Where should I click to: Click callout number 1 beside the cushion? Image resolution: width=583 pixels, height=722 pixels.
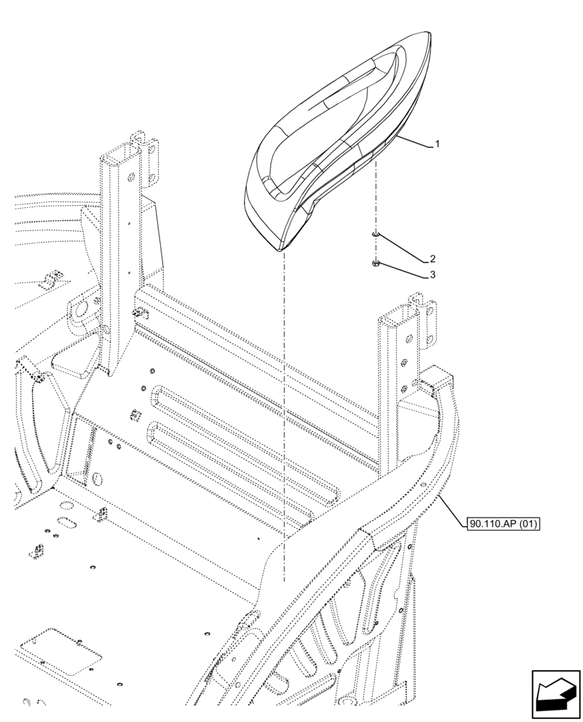click(437, 144)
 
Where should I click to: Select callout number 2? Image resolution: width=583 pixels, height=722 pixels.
click(432, 258)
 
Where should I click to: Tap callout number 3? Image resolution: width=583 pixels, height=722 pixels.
click(432, 275)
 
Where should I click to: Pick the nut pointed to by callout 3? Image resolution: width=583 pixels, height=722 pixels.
click(376, 264)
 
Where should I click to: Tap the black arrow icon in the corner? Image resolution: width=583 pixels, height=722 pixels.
click(556, 695)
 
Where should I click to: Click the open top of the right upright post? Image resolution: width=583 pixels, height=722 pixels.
click(395, 316)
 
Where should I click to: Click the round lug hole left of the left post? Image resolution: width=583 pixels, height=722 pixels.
click(79, 310)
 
